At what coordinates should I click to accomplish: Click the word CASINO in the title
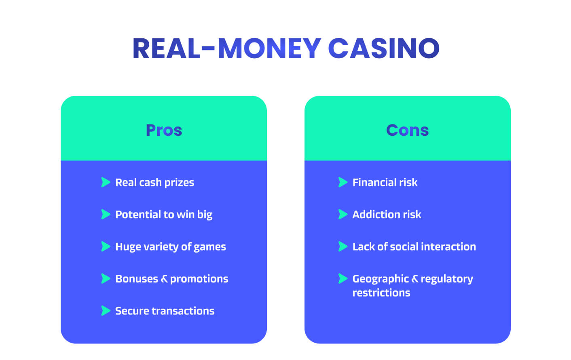(384, 48)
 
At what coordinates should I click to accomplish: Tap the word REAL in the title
(166, 48)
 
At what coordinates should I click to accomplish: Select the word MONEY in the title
(269, 48)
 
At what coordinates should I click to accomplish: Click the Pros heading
(164, 130)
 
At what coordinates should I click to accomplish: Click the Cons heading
(407, 130)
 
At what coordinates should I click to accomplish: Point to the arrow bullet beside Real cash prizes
(106, 182)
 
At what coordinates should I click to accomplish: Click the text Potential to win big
(164, 215)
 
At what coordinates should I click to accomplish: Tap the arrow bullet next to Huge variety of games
(106, 246)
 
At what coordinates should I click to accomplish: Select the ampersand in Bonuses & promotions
(164, 279)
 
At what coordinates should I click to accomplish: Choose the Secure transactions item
(165, 311)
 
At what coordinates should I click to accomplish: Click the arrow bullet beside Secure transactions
(106, 311)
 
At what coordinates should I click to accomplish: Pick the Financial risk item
(385, 182)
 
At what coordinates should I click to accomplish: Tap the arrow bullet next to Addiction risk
(343, 214)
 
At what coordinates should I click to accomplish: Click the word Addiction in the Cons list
(376, 215)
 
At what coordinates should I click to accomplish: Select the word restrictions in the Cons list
(381, 293)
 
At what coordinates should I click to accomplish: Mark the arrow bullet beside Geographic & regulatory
(343, 278)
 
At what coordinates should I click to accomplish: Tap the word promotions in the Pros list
(199, 279)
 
